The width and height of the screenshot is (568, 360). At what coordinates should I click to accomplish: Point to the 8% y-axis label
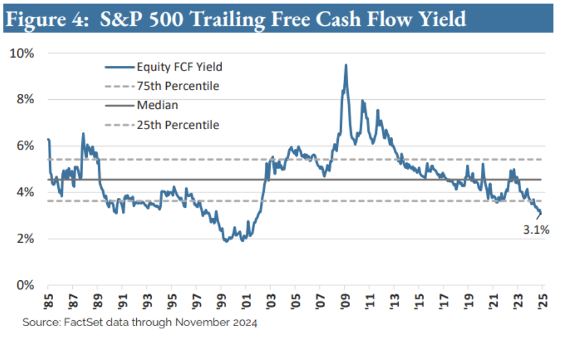[25, 99]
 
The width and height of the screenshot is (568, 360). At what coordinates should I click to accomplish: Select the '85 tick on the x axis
[48, 301]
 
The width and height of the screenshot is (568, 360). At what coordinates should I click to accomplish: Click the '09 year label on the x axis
[344, 301]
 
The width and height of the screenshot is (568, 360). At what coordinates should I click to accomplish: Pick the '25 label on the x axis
[541, 301]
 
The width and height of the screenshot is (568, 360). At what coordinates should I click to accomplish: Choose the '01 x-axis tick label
[245, 301]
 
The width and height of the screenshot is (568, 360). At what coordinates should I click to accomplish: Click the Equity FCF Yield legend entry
[180, 67]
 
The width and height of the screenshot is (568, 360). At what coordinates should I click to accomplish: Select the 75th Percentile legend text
[178, 86]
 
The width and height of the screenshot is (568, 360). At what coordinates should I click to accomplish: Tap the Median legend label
[158, 105]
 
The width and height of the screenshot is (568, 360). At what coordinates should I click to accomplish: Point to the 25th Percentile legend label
[178, 125]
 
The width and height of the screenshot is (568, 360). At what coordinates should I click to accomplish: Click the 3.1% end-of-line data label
[536, 230]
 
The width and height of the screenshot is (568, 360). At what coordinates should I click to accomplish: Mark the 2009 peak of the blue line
[346, 65]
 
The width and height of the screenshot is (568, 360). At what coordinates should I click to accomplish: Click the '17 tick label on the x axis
[443, 301]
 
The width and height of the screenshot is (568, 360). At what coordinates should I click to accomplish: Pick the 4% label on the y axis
[25, 192]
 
